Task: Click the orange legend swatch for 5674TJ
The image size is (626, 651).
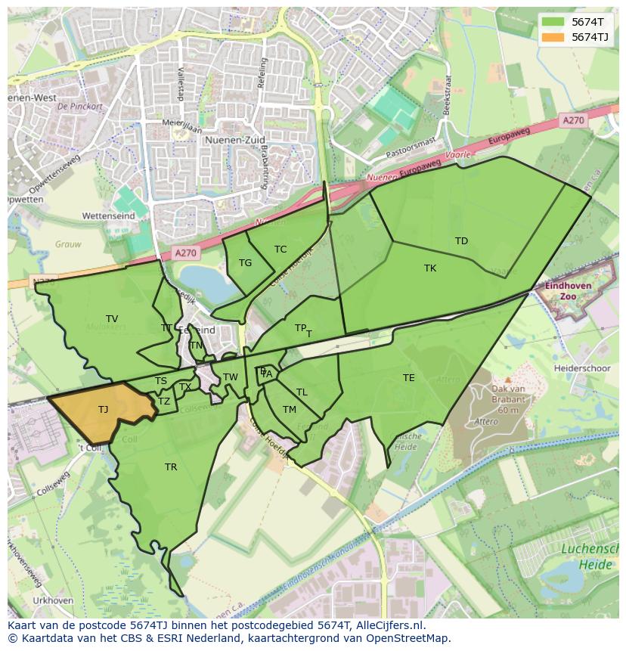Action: pyautogui.click(x=553, y=37)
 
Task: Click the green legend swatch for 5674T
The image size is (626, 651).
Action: pyautogui.click(x=553, y=22)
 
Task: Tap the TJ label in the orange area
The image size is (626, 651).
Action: pyautogui.click(x=103, y=410)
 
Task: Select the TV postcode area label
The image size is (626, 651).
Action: pyautogui.click(x=112, y=319)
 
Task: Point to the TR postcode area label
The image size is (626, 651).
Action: pyautogui.click(x=171, y=467)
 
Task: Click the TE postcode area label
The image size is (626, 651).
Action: pyautogui.click(x=408, y=378)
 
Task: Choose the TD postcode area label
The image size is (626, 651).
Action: pyautogui.click(x=461, y=241)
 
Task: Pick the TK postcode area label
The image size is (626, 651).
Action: pyautogui.click(x=430, y=268)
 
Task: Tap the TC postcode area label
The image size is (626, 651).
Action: pyautogui.click(x=280, y=250)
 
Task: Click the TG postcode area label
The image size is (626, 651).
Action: pyautogui.click(x=245, y=263)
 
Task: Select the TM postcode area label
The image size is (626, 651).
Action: pyautogui.click(x=290, y=410)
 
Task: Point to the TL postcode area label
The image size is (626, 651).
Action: pyautogui.click(x=302, y=392)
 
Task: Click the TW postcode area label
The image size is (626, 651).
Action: pyautogui.click(x=231, y=377)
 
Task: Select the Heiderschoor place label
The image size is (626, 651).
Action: pyautogui.click(x=582, y=367)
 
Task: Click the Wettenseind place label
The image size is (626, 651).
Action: pyautogui.click(x=108, y=216)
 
